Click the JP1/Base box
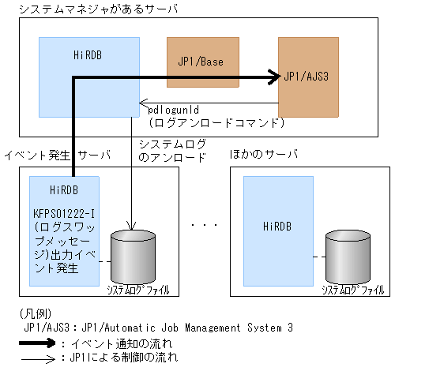tap(202, 62)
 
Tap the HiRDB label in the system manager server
tap(89, 55)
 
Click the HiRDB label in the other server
tap(277, 227)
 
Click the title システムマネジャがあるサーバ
tap(92, 9)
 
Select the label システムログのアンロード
tap(172, 150)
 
